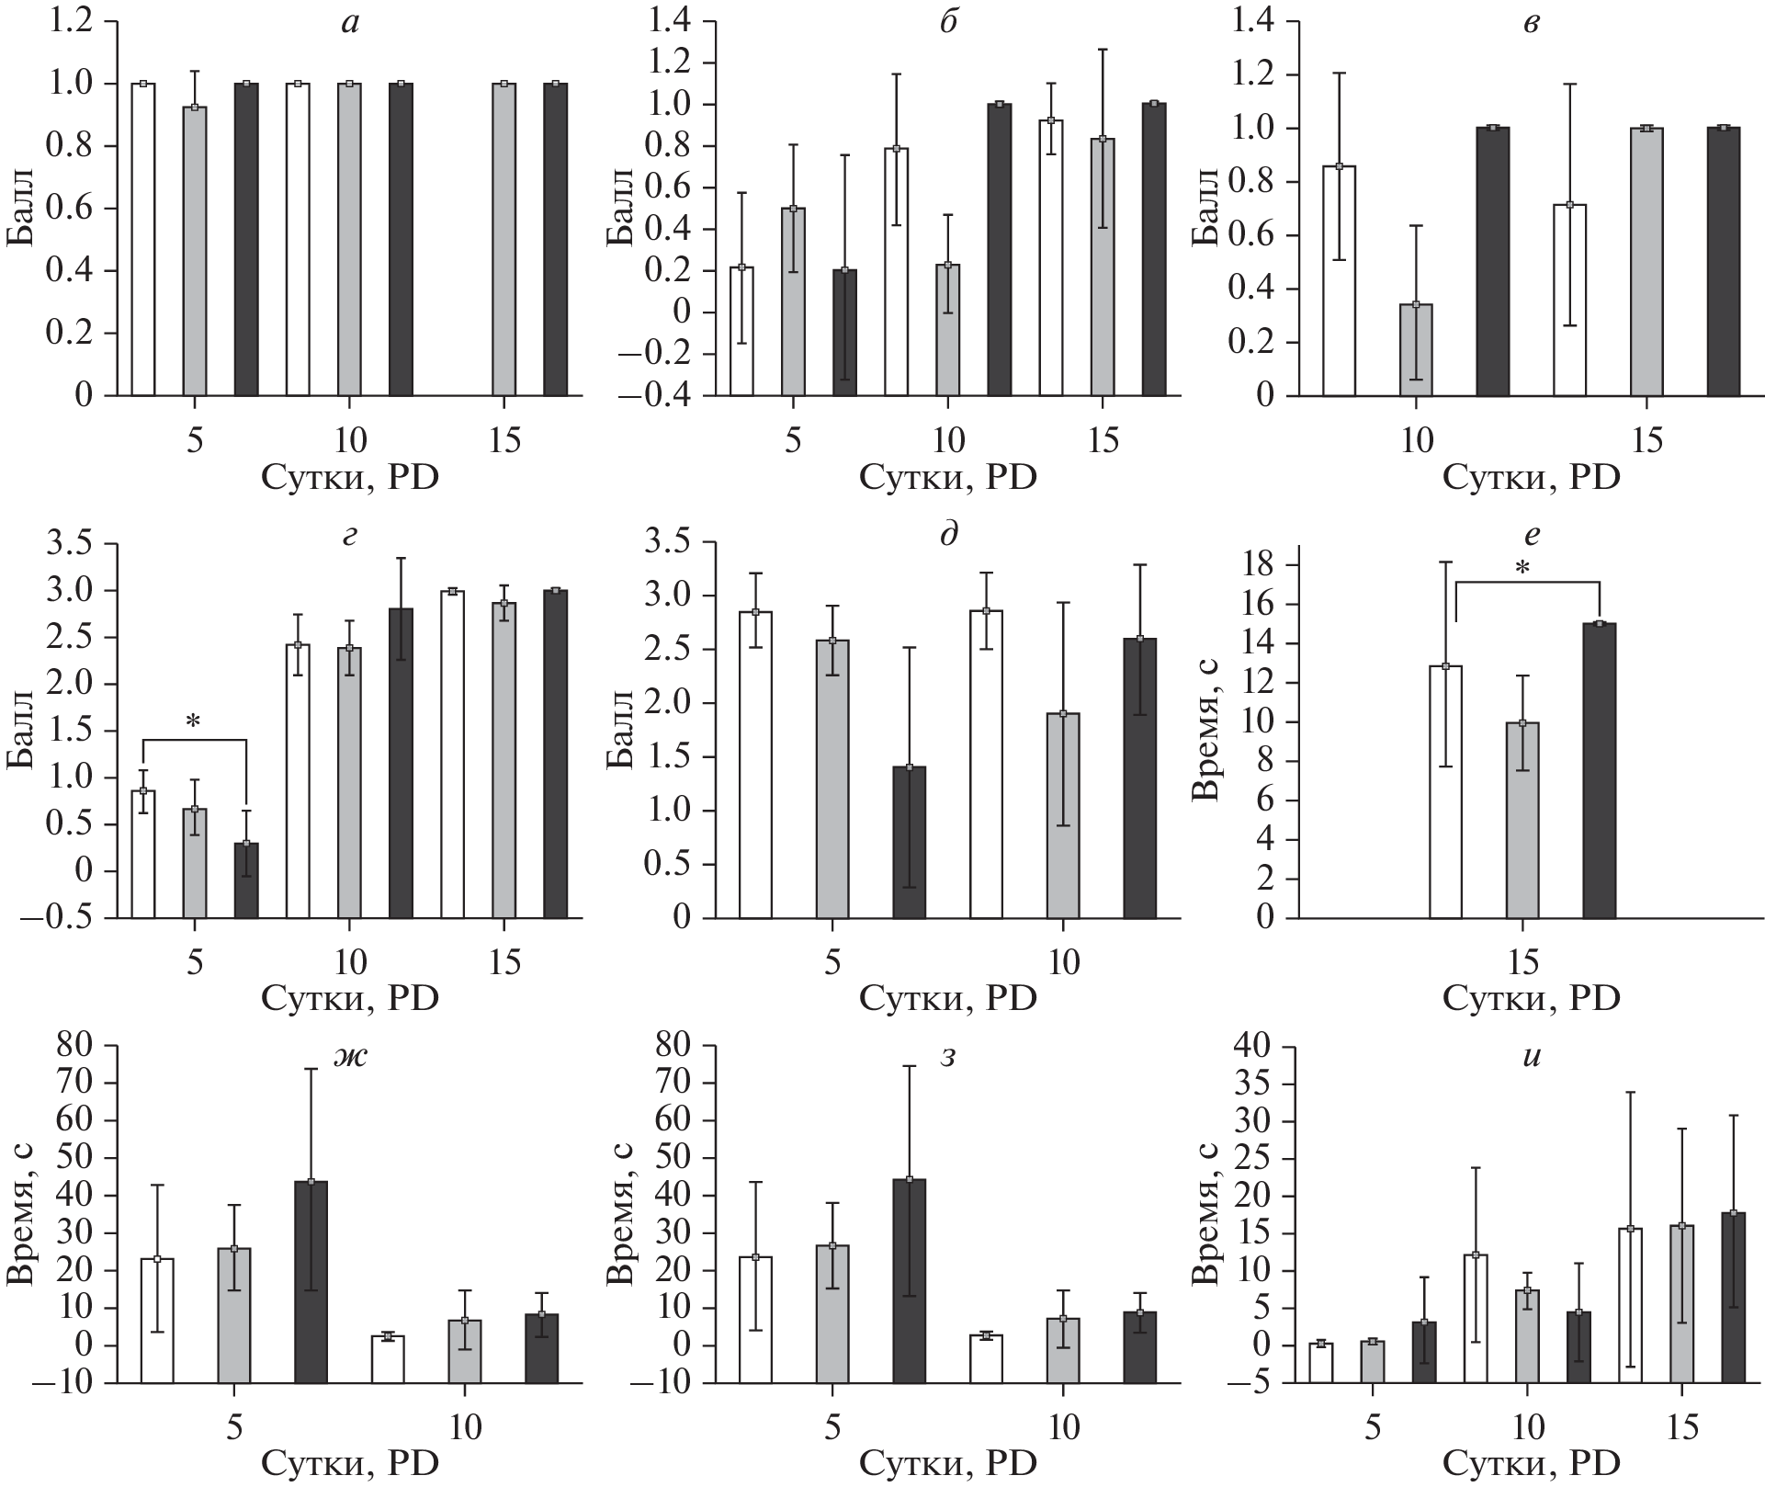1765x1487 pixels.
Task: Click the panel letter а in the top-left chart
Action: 349,24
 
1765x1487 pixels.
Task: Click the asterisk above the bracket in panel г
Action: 193,722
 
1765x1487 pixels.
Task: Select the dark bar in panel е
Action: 1600,770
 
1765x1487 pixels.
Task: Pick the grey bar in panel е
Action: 1522,820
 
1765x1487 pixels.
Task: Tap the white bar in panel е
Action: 1445,791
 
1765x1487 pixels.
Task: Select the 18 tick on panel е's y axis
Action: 1261,564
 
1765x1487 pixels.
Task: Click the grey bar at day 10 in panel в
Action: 1416,349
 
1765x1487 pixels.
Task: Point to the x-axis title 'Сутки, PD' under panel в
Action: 1531,478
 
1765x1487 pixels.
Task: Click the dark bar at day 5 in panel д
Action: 910,842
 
